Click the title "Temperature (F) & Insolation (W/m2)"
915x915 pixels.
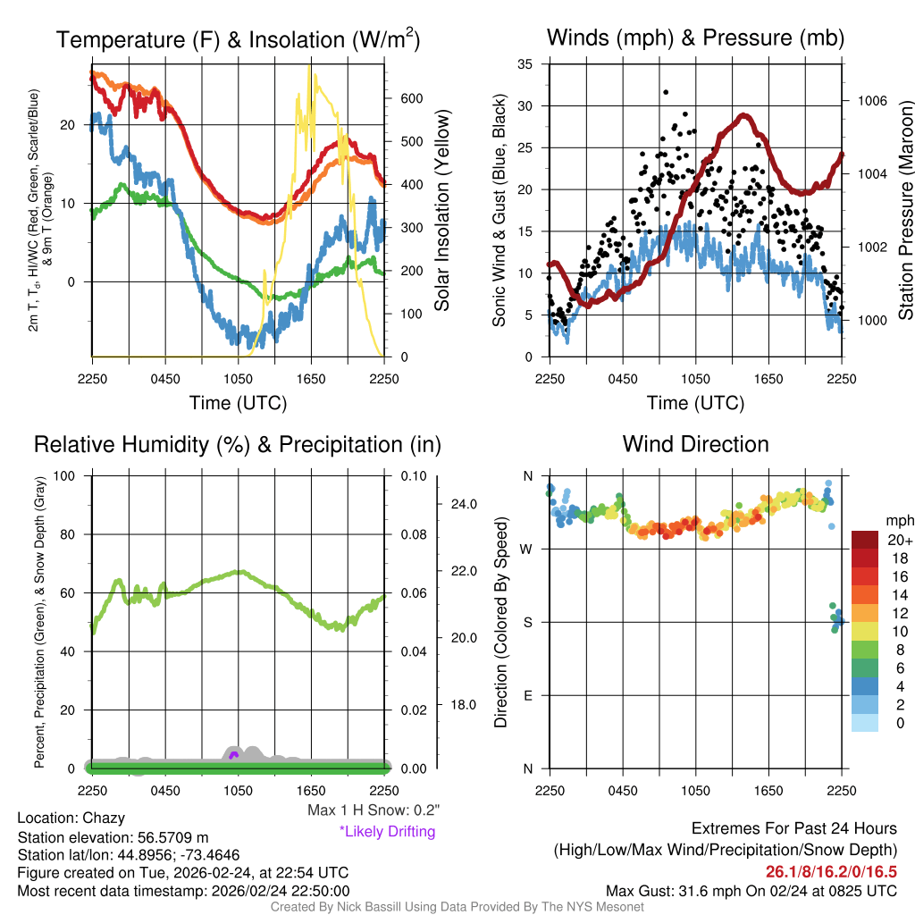[238, 40]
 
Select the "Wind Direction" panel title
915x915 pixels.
[695, 444]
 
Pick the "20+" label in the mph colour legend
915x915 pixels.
[900, 540]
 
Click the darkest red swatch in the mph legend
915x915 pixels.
[867, 540]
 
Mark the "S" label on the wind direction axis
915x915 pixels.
[527, 622]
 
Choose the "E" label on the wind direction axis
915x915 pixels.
[527, 695]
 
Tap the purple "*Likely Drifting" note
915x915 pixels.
[387, 832]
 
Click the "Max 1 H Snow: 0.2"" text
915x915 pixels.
[373, 810]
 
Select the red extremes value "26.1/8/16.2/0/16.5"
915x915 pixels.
[831, 871]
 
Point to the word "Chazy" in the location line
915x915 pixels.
[104, 818]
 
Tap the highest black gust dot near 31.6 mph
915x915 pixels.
[666, 92]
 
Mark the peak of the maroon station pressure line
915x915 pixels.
[743, 116]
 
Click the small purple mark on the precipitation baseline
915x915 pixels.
[233, 756]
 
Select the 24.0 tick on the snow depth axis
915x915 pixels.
[464, 504]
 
